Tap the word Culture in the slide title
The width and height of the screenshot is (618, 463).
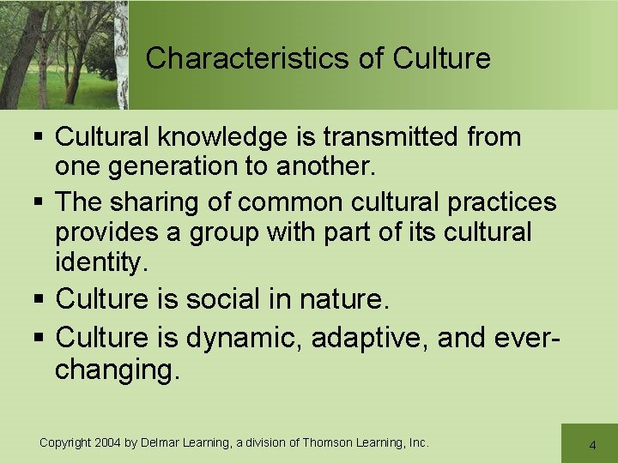point(441,58)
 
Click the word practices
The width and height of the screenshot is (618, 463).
point(502,202)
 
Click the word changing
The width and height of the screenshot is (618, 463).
point(118,370)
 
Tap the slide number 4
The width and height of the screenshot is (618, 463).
point(592,445)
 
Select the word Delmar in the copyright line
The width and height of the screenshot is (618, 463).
point(160,442)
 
